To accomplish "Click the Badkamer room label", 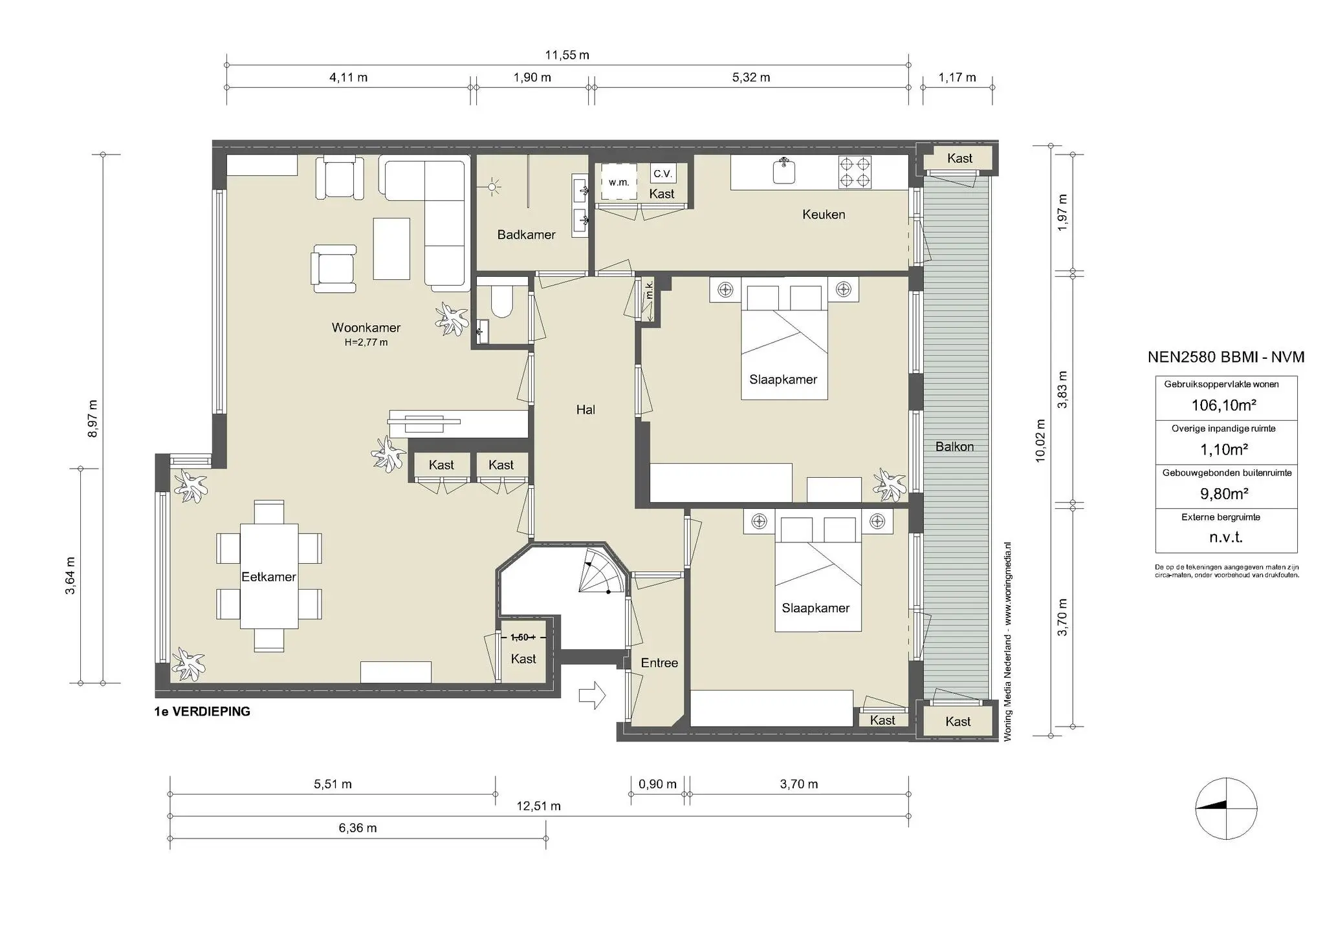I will (526, 235).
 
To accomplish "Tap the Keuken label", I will (823, 215).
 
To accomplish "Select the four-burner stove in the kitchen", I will (855, 172).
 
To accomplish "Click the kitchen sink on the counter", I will (784, 171).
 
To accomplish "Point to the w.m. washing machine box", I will (619, 182).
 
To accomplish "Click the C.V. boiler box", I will (662, 173).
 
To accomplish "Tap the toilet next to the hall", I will (501, 301).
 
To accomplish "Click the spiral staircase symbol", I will (600, 571).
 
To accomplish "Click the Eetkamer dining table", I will (268, 576).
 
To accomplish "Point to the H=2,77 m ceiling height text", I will (366, 343).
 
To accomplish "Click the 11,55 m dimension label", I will (567, 55).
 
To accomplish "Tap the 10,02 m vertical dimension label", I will (1040, 440).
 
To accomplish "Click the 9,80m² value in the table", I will (1224, 494).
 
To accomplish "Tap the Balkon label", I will (954, 447).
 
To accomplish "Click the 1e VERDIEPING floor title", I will (202, 712).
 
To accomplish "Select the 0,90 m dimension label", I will (657, 784).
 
